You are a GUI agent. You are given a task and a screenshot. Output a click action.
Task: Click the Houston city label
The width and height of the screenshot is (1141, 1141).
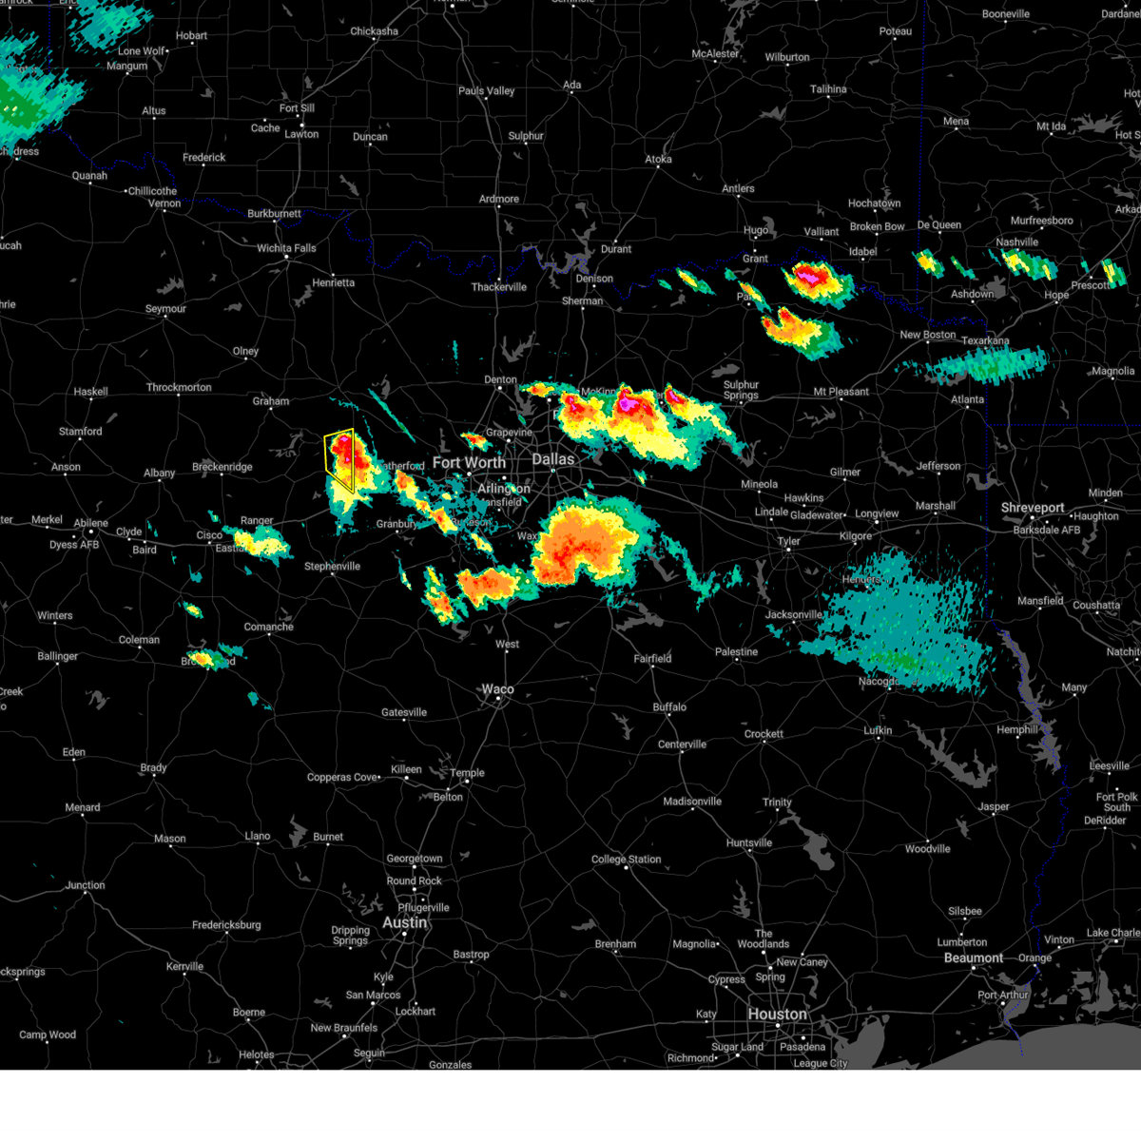pos(777,1014)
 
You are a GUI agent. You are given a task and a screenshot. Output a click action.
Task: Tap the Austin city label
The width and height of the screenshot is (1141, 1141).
pos(405,922)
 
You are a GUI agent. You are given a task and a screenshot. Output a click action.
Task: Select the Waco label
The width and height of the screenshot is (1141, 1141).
pos(497,689)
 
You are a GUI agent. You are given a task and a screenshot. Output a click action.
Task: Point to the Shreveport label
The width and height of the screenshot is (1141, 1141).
pos(1033,508)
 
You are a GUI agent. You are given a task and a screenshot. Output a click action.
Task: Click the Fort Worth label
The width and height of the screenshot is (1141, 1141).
pos(469,462)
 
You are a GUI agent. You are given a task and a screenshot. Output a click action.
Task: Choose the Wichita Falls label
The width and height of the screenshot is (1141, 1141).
pos(286,248)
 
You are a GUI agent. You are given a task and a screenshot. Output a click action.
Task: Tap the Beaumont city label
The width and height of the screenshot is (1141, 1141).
pos(974,957)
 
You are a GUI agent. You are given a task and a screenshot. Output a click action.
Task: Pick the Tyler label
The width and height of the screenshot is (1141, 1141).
pos(789,541)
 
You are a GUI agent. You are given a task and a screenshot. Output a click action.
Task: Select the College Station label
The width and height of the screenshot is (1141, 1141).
pos(626,860)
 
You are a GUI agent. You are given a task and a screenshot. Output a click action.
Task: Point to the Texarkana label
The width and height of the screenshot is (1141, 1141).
pos(985,340)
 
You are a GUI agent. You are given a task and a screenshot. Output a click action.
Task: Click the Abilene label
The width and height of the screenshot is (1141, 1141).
pos(91,523)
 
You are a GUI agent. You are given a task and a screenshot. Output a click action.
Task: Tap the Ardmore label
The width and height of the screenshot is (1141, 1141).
pos(499,199)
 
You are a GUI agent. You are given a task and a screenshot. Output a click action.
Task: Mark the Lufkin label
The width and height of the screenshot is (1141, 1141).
pos(878,730)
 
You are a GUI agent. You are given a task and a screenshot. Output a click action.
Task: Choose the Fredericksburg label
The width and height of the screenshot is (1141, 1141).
pos(226,925)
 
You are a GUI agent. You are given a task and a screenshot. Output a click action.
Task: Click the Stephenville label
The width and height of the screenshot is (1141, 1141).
pos(332,567)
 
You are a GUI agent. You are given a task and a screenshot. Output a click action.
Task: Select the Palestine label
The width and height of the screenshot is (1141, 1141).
pos(737,652)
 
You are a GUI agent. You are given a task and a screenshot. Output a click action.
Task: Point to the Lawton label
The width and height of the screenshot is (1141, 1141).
pos(301,134)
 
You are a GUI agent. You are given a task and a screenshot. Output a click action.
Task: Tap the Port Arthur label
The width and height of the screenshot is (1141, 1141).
pos(1003,996)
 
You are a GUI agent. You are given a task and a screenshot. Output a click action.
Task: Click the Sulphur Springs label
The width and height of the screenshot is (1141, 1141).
pos(741,390)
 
